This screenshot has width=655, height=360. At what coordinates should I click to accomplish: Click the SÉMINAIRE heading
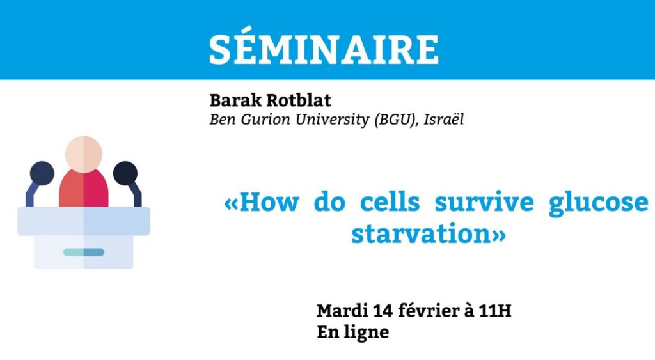pyautogui.click(x=324, y=49)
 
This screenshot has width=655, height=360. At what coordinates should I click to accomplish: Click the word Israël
pyautogui.click(x=443, y=120)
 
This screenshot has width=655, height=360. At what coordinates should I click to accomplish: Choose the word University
pyautogui.click(x=333, y=120)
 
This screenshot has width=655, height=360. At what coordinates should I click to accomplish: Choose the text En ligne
pyautogui.click(x=353, y=333)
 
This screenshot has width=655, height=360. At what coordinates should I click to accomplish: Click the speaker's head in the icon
pyautogui.click(x=84, y=154)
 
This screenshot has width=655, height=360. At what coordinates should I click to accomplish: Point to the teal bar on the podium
pyautogui.click(x=84, y=252)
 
